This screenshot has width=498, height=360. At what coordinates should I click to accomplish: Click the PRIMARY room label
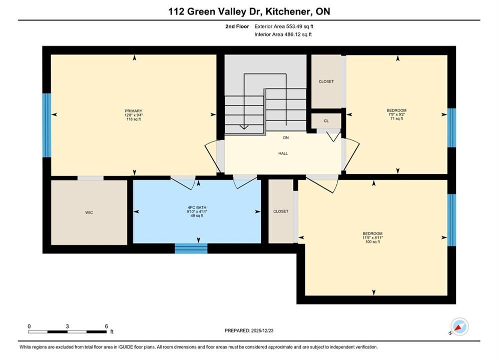click(x=134, y=111)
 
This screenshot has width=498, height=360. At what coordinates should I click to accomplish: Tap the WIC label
click(x=89, y=212)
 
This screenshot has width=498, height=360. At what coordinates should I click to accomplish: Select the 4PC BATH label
click(x=197, y=208)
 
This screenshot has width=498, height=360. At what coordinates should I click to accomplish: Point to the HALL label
click(x=283, y=153)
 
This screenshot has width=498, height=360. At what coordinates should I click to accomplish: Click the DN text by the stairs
click(x=286, y=137)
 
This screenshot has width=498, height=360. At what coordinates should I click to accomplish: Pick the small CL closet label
click(x=326, y=121)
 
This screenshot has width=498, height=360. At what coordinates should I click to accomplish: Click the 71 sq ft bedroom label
click(x=397, y=110)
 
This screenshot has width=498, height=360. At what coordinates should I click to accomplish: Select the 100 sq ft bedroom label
click(x=372, y=233)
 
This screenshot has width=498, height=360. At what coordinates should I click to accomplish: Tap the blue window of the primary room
click(x=47, y=125)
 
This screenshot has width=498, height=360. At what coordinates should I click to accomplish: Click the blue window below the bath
click(x=191, y=248)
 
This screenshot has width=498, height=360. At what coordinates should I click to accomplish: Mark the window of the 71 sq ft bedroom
click(x=451, y=128)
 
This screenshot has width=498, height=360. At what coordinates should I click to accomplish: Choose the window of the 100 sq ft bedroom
click(x=451, y=220)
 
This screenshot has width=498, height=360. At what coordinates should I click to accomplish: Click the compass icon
click(x=459, y=326)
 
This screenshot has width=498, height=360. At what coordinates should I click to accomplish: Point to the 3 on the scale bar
click(x=68, y=326)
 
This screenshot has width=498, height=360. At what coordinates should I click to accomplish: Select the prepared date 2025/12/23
click(x=262, y=330)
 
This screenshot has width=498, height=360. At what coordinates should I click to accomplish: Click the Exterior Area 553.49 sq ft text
click(x=284, y=26)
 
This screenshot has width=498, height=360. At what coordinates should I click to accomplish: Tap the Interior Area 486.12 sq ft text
click(x=283, y=34)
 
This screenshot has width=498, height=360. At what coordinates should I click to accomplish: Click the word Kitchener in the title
click(x=288, y=11)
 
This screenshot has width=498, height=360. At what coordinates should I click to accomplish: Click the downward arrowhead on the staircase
click(x=244, y=127)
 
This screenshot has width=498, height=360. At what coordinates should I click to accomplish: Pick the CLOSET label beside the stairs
click(x=326, y=81)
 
